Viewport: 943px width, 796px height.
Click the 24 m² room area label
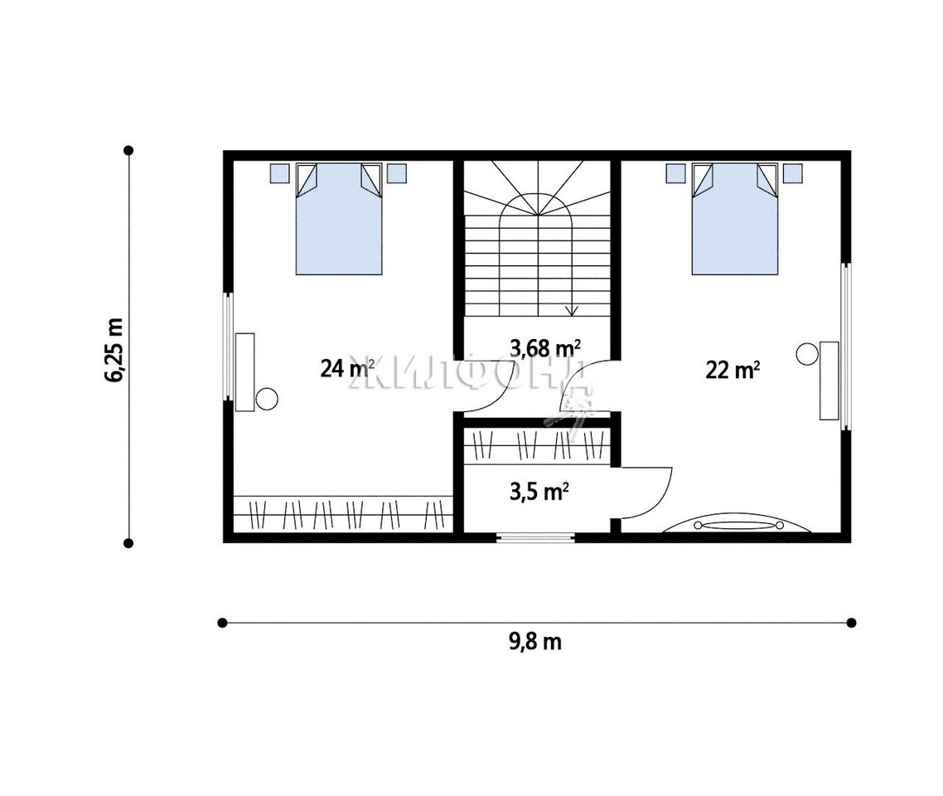coord(347,367)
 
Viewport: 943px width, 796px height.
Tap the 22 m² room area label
coord(732,370)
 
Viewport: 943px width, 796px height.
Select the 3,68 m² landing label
coord(545,347)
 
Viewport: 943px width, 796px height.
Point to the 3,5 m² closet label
coord(539,492)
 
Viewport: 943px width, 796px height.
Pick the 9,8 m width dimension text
coord(535,642)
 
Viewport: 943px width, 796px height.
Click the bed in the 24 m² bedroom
coord(339,218)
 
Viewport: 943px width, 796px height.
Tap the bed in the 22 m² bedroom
coord(735,218)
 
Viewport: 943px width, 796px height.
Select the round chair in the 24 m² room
coord(267,399)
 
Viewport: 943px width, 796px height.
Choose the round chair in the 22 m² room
coord(807,354)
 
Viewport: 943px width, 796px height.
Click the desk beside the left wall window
coord(244,371)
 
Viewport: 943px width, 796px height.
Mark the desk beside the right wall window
coord(829,381)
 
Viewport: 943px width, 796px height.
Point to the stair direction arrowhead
coord(572,310)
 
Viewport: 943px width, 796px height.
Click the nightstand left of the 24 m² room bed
coord(279,173)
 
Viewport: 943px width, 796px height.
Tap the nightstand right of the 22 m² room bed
coord(793,173)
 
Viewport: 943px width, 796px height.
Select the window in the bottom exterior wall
coord(535,538)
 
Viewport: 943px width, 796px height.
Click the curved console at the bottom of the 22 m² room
coord(737,523)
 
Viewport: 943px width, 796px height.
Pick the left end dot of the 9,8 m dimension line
coord(223,622)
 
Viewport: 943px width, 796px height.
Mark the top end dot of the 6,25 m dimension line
coord(128,150)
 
